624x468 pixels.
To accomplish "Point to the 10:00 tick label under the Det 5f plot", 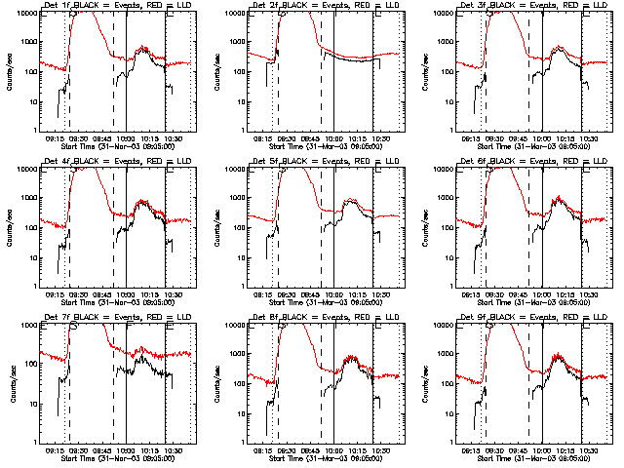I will [333, 293].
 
